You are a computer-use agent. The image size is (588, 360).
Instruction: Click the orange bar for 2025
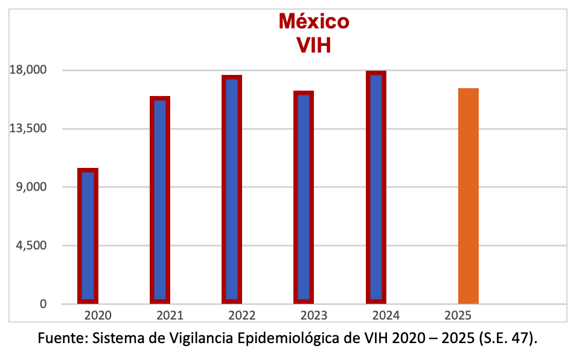tap(468, 196)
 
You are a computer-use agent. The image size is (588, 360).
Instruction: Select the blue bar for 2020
tap(88, 236)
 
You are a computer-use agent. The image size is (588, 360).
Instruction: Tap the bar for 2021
tap(160, 199)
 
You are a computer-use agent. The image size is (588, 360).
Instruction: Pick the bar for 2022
tap(232, 189)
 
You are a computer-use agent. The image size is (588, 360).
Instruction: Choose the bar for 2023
tap(304, 197)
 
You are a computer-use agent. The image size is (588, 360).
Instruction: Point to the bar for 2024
tap(375, 187)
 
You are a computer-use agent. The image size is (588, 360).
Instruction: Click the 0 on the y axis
tap(43, 304)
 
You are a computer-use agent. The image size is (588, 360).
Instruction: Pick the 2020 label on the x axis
tap(98, 315)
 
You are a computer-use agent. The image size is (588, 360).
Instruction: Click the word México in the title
tap(314, 21)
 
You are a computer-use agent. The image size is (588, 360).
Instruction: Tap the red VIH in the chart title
tap(314, 45)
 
